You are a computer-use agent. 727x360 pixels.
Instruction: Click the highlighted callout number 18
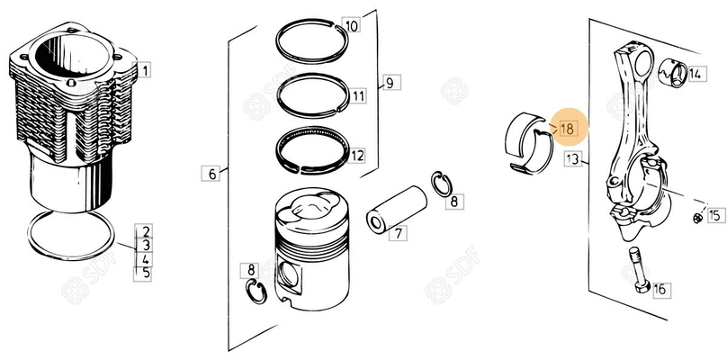point(567,128)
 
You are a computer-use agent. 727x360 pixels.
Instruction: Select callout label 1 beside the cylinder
point(144,70)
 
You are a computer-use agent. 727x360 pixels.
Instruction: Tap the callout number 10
point(351,25)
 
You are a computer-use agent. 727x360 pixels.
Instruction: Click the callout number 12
point(356,155)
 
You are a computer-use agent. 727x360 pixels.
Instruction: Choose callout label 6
point(211,174)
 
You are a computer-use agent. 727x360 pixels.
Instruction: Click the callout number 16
point(660,290)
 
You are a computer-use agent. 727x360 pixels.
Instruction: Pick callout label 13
point(573,159)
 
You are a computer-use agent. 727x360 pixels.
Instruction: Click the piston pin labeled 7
point(397,209)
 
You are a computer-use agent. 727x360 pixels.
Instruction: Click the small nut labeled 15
point(698,218)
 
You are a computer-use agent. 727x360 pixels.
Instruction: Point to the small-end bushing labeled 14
point(673,73)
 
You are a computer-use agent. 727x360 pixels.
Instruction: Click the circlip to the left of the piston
point(256,292)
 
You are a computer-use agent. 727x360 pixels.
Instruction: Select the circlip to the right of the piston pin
point(442,184)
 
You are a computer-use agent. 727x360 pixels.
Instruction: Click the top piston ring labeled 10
point(311,40)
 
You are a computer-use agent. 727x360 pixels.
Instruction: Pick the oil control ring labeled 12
point(313,150)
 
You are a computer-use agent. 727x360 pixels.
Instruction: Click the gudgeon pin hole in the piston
point(290,276)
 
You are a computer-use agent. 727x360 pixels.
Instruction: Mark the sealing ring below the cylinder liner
point(71,235)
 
